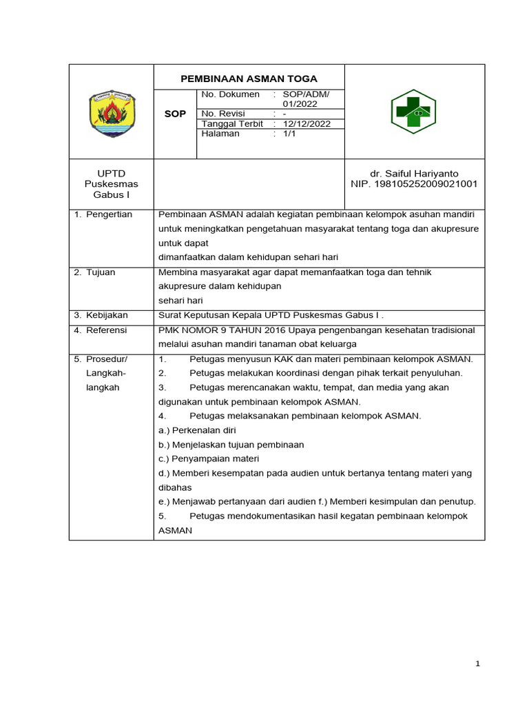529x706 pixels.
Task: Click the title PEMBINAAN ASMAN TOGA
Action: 249,79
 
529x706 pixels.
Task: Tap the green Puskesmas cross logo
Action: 413,111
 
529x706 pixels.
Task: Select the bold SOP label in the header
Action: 175,114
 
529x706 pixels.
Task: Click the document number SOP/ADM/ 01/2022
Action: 307,99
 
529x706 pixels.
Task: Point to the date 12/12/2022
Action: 307,124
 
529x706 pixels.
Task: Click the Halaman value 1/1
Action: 289,134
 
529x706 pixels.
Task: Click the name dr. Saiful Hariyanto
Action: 414,173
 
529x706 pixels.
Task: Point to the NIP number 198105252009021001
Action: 414,184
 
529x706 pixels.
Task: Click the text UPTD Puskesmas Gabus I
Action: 111,183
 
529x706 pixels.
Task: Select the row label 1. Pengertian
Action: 103,214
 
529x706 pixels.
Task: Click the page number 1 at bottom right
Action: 477,664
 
